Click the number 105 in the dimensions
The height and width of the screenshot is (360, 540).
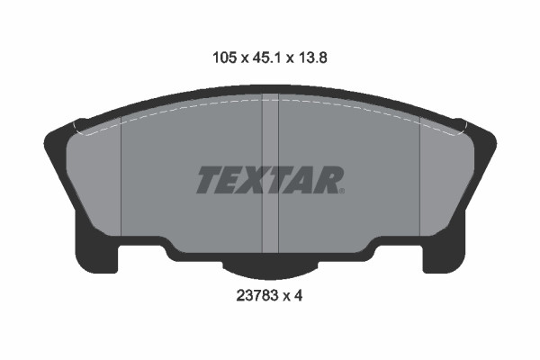click(225, 58)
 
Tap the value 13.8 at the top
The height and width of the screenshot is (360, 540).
click(312, 58)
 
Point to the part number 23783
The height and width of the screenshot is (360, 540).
click(256, 295)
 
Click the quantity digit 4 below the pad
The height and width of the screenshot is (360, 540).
click(298, 295)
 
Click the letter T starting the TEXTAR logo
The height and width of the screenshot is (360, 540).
click(210, 179)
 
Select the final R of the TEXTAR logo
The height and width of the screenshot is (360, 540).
click(327, 179)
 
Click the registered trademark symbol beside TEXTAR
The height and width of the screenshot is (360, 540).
click(342, 191)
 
